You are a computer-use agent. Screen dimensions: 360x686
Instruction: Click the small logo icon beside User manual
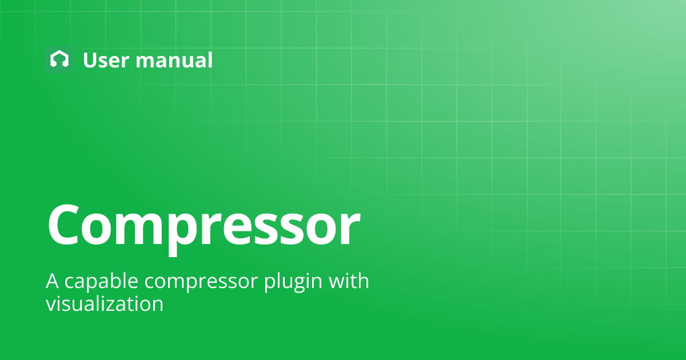coord(59,59)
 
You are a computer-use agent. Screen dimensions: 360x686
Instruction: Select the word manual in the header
coord(174,60)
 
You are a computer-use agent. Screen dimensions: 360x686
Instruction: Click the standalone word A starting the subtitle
coord(53,282)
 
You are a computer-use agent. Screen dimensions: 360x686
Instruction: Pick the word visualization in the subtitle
coord(105,303)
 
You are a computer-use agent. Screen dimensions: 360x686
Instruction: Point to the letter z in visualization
coord(121,305)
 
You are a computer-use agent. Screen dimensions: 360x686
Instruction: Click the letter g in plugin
coord(296,286)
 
